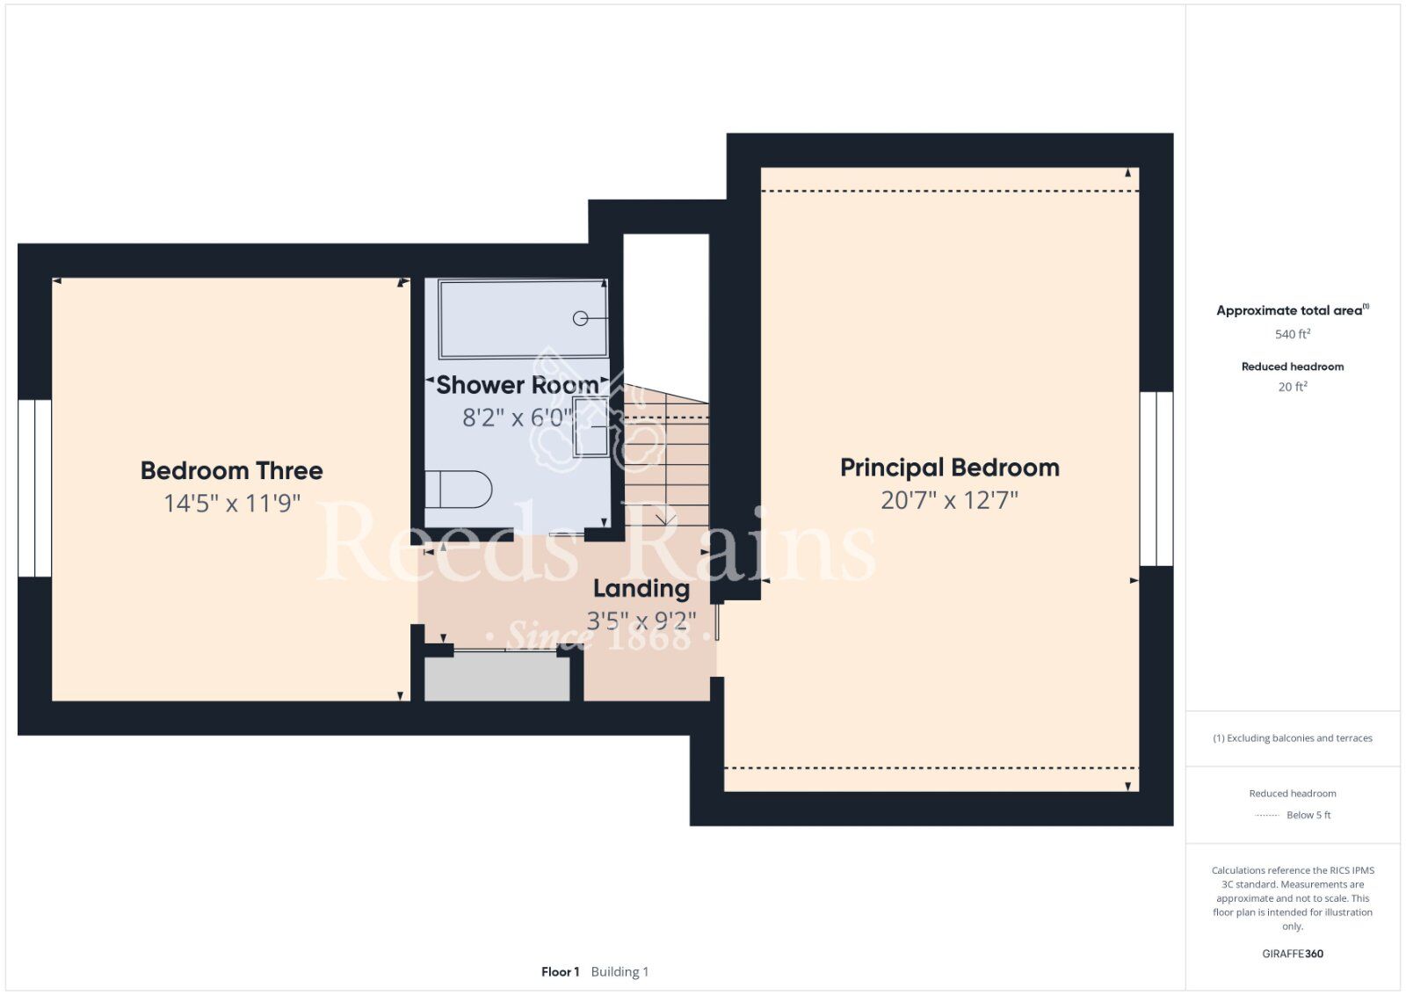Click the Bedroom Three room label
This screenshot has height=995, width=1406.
click(232, 471)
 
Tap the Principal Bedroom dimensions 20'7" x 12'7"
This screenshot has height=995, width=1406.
click(949, 500)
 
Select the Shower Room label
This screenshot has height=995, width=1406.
click(518, 385)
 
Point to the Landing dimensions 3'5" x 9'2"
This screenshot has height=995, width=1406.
click(641, 621)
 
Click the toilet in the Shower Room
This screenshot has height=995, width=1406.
click(458, 489)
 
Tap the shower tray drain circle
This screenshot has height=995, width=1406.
click(581, 318)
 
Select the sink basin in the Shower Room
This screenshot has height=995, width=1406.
click(590, 426)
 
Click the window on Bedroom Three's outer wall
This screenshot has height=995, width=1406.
click(34, 488)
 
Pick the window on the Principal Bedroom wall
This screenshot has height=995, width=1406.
click(1156, 479)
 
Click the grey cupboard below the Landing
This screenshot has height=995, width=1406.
click(497, 679)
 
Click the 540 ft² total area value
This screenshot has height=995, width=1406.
click(1293, 334)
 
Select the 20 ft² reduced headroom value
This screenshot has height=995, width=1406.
click(1293, 387)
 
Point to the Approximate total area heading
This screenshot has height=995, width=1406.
click(1293, 310)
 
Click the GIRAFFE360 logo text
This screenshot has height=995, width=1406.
click(1293, 954)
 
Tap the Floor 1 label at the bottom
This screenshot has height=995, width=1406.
click(560, 972)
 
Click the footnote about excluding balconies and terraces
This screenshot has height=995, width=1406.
click(1293, 738)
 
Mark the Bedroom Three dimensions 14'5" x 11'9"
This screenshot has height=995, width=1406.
click(232, 504)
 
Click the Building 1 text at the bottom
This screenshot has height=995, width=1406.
click(620, 972)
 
